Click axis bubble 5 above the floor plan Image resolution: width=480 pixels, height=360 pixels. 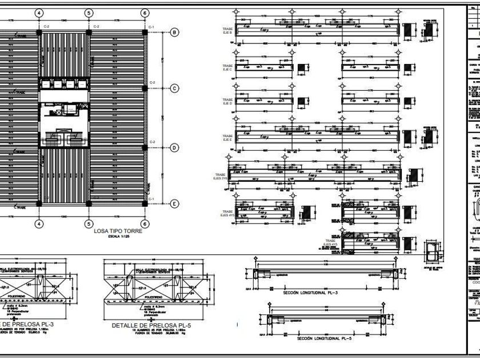tap(89, 13)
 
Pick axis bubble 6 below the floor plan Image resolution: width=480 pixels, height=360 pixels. tap(145, 223)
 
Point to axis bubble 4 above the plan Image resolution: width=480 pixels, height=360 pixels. tap(38, 13)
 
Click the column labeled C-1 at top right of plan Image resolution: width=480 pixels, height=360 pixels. tap(145, 32)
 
